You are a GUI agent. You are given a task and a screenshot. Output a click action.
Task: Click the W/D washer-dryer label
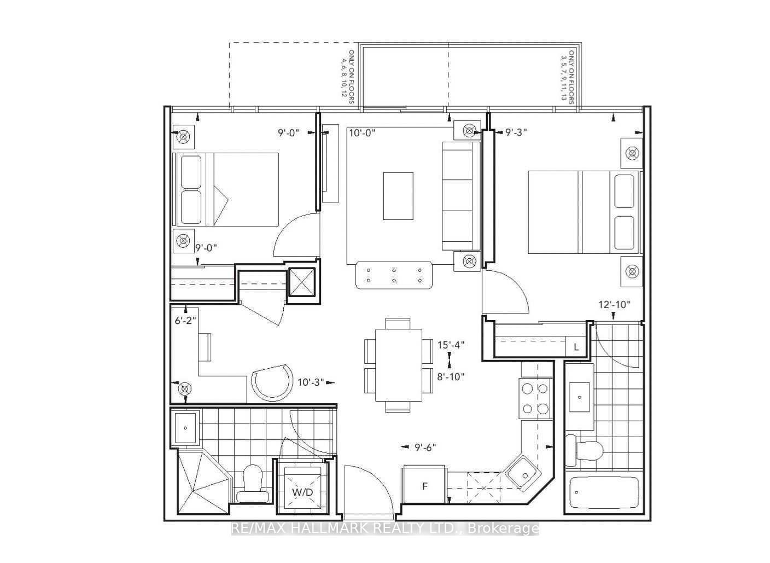(302, 492)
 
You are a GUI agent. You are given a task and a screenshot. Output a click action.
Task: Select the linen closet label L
(576, 347)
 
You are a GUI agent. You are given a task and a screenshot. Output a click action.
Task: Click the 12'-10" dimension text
(614, 304)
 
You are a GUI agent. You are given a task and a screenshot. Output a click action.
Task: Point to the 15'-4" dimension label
(451, 345)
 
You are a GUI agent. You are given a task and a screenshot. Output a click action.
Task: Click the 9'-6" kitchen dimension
(425, 447)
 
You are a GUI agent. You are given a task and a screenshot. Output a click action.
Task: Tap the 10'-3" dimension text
(311, 382)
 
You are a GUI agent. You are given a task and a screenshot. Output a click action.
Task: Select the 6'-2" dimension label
(185, 321)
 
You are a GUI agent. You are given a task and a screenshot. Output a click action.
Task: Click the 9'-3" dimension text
(516, 132)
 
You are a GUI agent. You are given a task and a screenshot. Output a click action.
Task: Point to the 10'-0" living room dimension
(363, 133)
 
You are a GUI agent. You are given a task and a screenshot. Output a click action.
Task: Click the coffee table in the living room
(398, 196)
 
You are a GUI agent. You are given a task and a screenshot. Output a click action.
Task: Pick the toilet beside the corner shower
(252, 485)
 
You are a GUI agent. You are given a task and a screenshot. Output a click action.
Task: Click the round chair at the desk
(272, 383)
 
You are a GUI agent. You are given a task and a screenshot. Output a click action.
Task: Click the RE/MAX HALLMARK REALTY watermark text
(386, 529)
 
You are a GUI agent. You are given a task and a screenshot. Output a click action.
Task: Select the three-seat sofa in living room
(460, 196)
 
